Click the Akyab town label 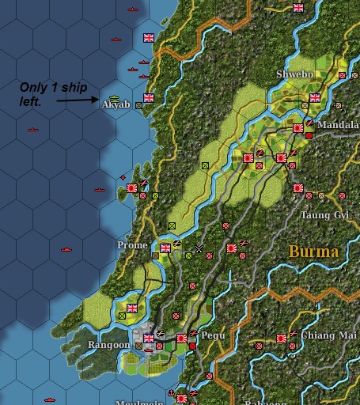pyautogui.click(x=116, y=104)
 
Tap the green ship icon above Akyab pyautogui.click(x=110, y=97)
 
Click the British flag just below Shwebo pyautogui.click(x=314, y=98)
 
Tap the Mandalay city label pyautogui.click(x=341, y=125)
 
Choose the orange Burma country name pyautogui.click(x=313, y=252)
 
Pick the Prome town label pyautogui.click(x=132, y=245)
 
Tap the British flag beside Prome pyautogui.click(x=165, y=248)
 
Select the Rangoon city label pyautogui.click(x=108, y=345)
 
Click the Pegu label pyautogui.click(x=214, y=336)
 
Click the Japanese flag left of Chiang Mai pyautogui.click(x=281, y=338)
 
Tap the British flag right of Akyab pyautogui.click(x=148, y=98)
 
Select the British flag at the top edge pyautogui.click(x=298, y=8)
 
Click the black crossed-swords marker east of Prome pyautogui.click(x=199, y=249)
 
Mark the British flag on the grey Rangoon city pyautogui.click(x=148, y=338)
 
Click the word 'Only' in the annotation pyautogui.click(x=34, y=87)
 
